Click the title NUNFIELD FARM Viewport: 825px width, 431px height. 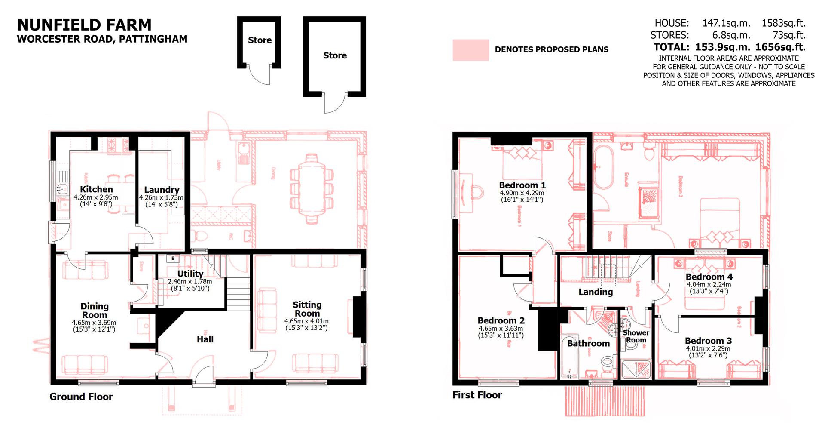click(x=84, y=25)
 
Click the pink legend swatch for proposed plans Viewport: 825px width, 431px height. click(x=471, y=50)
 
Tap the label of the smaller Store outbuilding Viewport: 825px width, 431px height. click(x=260, y=40)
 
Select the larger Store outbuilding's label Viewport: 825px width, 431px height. click(x=335, y=55)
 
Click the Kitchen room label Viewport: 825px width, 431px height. click(x=96, y=189)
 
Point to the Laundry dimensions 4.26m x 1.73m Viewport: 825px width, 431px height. click(x=161, y=198)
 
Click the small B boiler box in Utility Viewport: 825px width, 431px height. click(x=173, y=259)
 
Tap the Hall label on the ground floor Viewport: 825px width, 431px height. click(x=205, y=339)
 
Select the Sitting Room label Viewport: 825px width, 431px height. click(x=307, y=309)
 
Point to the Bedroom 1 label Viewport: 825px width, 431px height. click(x=522, y=185)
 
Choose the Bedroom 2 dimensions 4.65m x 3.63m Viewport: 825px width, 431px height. click(x=501, y=329)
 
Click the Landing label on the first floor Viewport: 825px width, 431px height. click(x=595, y=292)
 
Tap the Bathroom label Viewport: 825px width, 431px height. click(x=588, y=343)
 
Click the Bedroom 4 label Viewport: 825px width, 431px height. click(x=709, y=277)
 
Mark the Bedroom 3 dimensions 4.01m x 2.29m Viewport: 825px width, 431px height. click(x=709, y=349)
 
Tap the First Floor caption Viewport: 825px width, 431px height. click(x=477, y=395)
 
